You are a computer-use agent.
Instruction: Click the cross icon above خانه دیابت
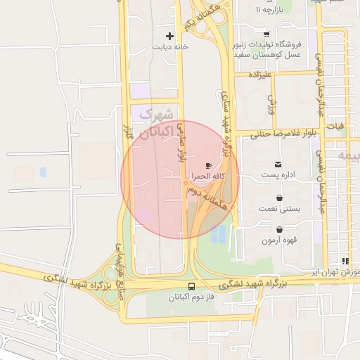169,36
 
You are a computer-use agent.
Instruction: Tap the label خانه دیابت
169,47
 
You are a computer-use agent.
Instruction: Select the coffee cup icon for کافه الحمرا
208,165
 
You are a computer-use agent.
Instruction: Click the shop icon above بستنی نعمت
280,198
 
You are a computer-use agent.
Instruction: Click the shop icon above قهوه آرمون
280,229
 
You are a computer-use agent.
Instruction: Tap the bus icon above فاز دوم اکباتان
192,286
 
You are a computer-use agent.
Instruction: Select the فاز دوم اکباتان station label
192,297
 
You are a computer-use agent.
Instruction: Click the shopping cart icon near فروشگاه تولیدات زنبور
266,34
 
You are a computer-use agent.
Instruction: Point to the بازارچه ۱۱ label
267,11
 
